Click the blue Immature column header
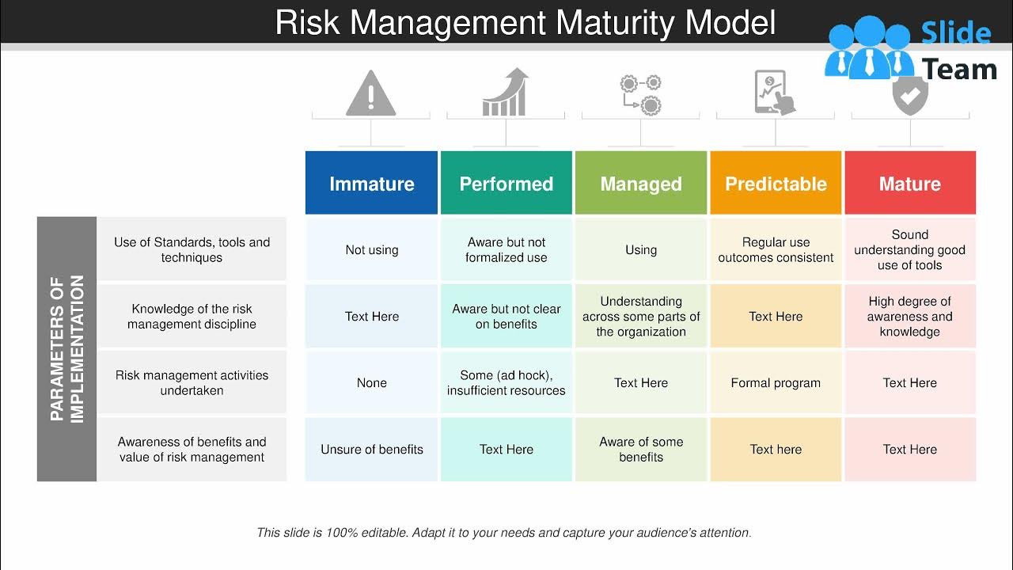[x=371, y=183]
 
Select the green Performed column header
[x=506, y=183]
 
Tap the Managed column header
[x=640, y=183]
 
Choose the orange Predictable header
[x=776, y=183]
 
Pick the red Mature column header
[x=910, y=183]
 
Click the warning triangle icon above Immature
[x=370, y=93]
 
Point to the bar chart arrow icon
[x=505, y=93]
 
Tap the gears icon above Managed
[x=640, y=93]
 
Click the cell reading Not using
[x=371, y=249]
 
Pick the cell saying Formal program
[x=776, y=382]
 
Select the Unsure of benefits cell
[x=371, y=449]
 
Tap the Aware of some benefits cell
[x=640, y=449]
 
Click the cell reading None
[x=371, y=382]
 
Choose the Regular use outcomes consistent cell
[x=776, y=249]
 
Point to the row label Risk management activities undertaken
[x=192, y=382]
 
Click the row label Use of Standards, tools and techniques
[x=192, y=249]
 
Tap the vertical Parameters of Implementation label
[x=66, y=349]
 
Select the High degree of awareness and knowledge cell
[x=910, y=316]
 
